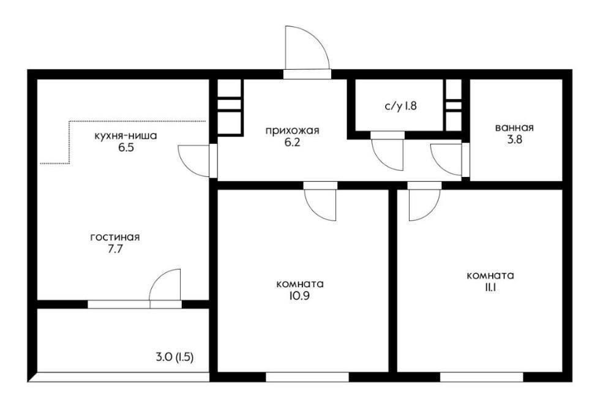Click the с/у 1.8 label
click(x=401, y=105)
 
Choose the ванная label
click(x=514, y=128)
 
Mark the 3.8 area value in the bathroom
click(x=514, y=140)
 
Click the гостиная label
click(x=115, y=238)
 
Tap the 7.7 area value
click(x=115, y=249)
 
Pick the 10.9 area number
click(x=300, y=296)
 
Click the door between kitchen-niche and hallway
click(x=194, y=160)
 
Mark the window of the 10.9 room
click(x=307, y=377)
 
